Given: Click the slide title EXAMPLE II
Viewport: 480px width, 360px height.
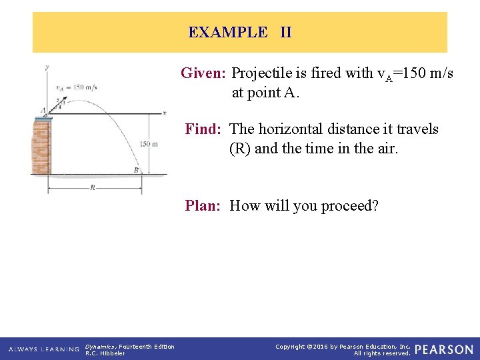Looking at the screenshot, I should [x=240, y=32].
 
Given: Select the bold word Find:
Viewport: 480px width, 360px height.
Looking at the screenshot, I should [x=205, y=129].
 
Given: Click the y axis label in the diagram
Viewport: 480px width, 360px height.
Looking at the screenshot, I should [x=47, y=67].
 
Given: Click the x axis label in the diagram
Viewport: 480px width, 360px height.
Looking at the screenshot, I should [x=164, y=113].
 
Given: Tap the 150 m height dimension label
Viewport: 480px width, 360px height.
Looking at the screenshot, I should [x=149, y=143].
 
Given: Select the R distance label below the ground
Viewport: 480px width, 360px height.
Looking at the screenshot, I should [x=92, y=188].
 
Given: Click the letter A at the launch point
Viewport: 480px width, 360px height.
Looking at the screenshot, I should [x=43, y=111].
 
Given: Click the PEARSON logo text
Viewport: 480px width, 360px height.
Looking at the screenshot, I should [x=444, y=349].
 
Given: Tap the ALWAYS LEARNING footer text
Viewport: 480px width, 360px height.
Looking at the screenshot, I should [x=43, y=349].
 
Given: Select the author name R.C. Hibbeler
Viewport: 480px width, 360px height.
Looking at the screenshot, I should [x=105, y=353].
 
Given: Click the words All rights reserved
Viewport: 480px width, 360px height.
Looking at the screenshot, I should [x=382, y=353].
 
